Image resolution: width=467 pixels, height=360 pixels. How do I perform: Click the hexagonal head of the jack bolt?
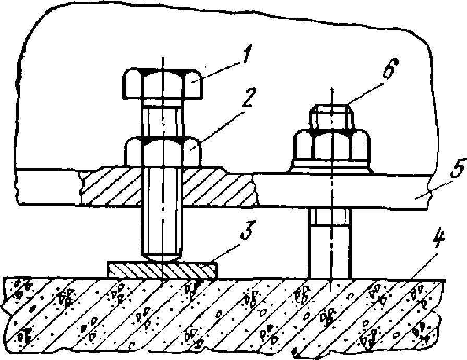[x=162, y=83]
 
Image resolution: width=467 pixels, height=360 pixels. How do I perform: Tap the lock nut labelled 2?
[x=162, y=151]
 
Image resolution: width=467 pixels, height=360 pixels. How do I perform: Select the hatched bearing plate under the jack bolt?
[x=162, y=270]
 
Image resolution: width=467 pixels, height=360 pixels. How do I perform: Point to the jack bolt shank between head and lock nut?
[x=162, y=121]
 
